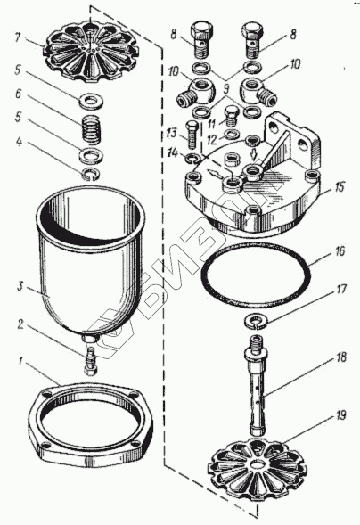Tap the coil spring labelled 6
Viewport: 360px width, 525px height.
tap(92, 129)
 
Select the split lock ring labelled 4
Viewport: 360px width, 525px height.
tap(92, 174)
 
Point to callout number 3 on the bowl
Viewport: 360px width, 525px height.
tap(20, 287)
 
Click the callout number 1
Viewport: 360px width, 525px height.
tap(20, 362)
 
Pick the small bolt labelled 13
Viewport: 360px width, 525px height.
tap(192, 135)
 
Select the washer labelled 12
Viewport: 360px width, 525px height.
tap(232, 135)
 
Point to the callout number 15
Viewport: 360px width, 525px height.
tap(340, 187)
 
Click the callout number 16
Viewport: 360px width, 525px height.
tap(340, 251)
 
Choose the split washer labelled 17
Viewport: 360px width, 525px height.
tap(257, 321)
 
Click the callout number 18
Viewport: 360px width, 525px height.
tap(341, 357)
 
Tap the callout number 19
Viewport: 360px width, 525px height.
tap(340, 415)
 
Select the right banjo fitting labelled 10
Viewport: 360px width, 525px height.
tap(258, 93)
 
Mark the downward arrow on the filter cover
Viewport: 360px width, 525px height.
tap(253, 155)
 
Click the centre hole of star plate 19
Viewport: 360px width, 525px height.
tap(258, 465)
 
